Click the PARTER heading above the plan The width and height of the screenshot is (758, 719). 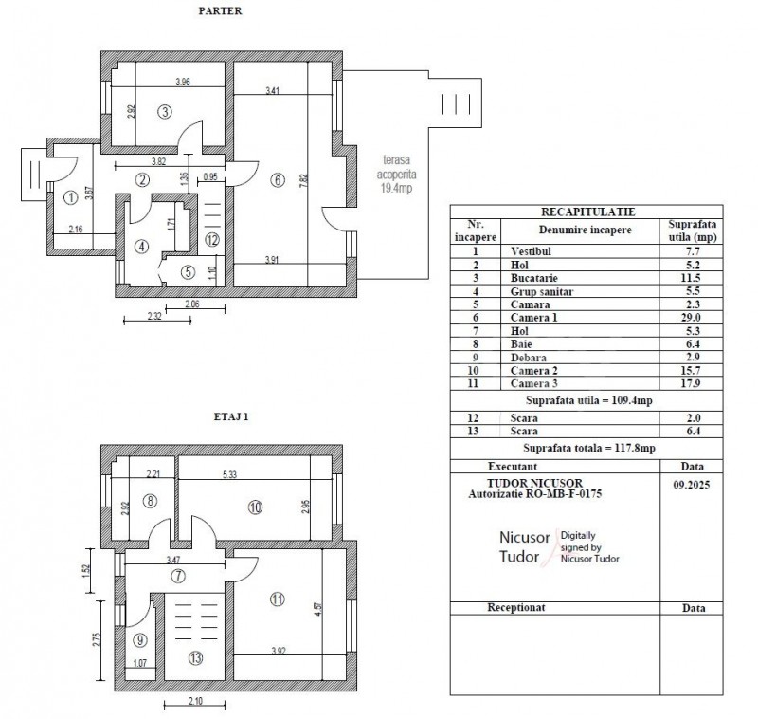[x=220, y=10]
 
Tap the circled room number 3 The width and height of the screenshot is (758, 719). [x=165, y=112]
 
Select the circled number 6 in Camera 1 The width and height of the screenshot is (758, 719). [x=278, y=180]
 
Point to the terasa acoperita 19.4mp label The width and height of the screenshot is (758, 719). [x=396, y=174]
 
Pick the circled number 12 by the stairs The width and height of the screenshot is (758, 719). [x=211, y=239]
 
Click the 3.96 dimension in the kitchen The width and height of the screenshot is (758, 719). [x=182, y=82]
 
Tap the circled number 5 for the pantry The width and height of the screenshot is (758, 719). [x=188, y=272]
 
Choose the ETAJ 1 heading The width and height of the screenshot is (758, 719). [x=231, y=416]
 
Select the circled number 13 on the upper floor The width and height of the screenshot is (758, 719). [x=196, y=658]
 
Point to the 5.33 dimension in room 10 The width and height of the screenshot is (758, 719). [x=229, y=474]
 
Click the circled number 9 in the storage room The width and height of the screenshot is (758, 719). [x=139, y=640]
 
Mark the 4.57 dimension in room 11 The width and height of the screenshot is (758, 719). [x=317, y=608]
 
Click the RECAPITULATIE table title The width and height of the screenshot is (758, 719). [x=587, y=212]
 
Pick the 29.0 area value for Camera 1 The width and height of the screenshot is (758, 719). [x=693, y=318]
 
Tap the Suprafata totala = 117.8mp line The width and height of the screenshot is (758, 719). [x=588, y=448]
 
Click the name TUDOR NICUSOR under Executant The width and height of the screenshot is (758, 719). [x=534, y=483]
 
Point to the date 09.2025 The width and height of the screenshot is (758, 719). [x=692, y=485]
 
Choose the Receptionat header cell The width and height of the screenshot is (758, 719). [x=515, y=608]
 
